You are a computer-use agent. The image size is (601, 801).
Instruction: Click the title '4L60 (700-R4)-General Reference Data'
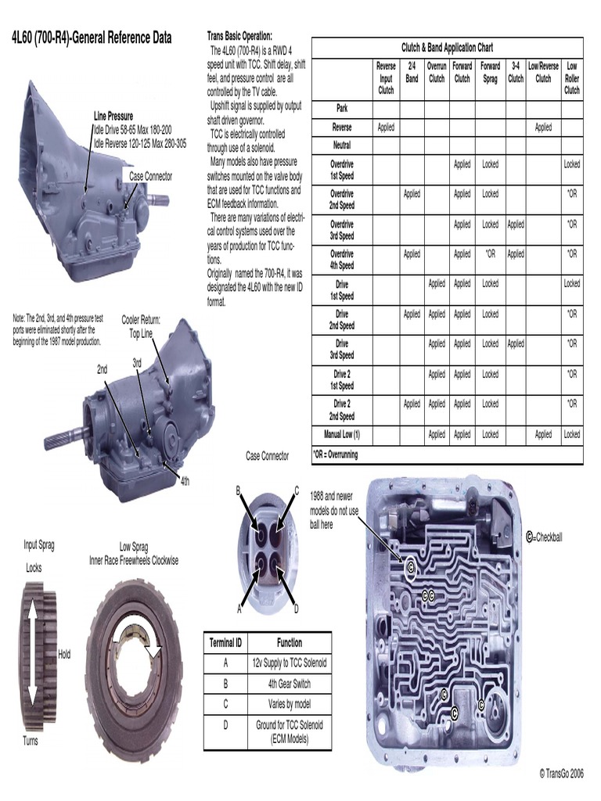(92, 38)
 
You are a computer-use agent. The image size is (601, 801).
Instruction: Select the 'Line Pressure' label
(113, 117)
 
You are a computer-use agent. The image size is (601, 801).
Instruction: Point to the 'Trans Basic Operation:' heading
(239, 36)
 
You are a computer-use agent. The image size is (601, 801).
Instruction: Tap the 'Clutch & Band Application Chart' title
(447, 48)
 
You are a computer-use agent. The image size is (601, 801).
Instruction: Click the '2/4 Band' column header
(412, 73)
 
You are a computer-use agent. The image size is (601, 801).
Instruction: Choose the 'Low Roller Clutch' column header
(572, 78)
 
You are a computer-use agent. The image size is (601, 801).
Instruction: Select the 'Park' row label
(342, 109)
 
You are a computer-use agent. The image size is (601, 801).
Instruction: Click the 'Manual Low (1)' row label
(342, 434)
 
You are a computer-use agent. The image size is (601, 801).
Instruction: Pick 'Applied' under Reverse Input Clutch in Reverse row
(386, 128)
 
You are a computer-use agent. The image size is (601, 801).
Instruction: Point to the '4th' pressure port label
(185, 480)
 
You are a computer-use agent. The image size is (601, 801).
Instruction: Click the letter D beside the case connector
(296, 609)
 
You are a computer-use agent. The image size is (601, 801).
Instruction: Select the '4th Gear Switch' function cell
(289, 683)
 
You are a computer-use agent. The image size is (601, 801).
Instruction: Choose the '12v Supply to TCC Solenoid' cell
(289, 663)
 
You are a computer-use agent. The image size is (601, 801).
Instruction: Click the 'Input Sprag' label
(40, 544)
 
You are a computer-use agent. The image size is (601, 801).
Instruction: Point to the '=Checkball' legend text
(549, 537)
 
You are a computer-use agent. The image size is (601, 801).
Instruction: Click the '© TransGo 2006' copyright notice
(560, 773)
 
